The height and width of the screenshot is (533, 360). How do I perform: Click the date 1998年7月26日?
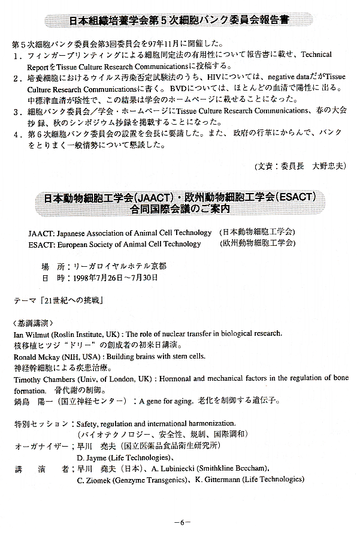pos(99,278)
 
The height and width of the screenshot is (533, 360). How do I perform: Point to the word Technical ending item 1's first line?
pos(316,55)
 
